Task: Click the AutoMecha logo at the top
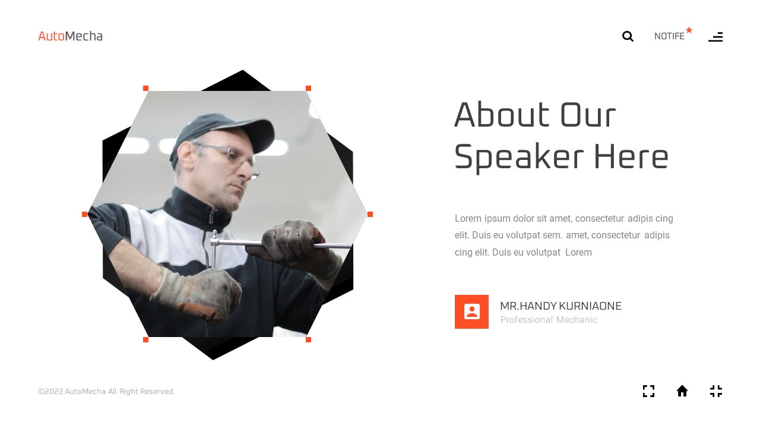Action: [x=70, y=36]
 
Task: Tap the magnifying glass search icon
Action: [x=628, y=36]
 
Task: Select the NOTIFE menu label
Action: [x=669, y=36]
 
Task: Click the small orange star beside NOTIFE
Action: [x=689, y=30]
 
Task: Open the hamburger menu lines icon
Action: [x=715, y=37]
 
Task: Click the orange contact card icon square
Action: [x=471, y=311]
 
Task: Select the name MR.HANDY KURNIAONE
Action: [x=560, y=306]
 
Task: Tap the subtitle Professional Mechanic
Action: [x=548, y=320]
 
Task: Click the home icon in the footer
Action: [x=682, y=391]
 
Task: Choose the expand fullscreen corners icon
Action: [x=648, y=391]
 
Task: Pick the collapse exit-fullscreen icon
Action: [x=716, y=391]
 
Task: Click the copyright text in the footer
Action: [x=106, y=391]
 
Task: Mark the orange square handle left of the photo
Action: [x=84, y=214]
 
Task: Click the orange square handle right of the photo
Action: [x=370, y=214]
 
